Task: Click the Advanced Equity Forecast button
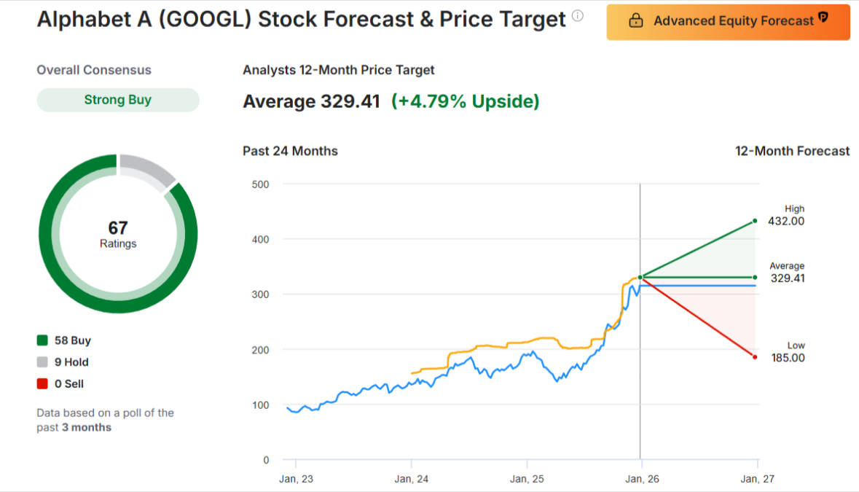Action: coord(728,21)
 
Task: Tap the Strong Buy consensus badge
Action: coord(118,100)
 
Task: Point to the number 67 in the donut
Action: coord(118,228)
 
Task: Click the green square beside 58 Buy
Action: coord(42,340)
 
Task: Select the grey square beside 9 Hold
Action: coord(42,362)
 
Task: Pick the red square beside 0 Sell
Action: coord(42,384)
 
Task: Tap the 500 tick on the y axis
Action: coord(261,184)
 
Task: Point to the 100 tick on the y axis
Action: coord(261,405)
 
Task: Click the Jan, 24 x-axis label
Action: coord(412,479)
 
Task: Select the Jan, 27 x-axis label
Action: coord(757,479)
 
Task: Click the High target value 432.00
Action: coord(788,222)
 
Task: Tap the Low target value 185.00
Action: coord(788,358)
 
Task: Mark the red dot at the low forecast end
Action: coord(755,357)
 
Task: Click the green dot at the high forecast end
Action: coord(755,220)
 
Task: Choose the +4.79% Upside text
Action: coord(465,101)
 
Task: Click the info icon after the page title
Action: coord(578,16)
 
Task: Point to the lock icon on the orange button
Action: coord(635,21)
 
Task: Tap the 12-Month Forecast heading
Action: coord(792,151)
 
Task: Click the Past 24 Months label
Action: coord(290,151)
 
